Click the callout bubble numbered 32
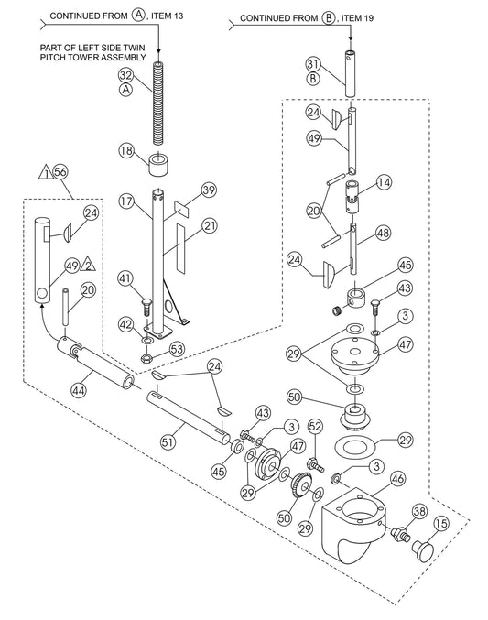126,75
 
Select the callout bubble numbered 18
126,151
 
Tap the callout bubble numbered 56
60,172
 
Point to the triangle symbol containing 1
47,173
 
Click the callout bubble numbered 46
397,479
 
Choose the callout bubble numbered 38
419,511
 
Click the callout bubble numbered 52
315,426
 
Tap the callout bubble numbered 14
384,182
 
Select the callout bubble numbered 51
168,441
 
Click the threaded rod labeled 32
158,103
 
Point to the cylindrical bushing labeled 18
158,163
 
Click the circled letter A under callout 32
126,90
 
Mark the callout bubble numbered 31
313,64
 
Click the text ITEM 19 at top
357,17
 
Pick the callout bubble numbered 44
78,391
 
